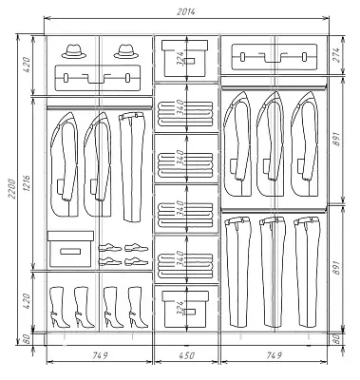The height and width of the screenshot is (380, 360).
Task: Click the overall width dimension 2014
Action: pyautogui.click(x=186, y=12)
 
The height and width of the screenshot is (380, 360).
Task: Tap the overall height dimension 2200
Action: pyautogui.click(x=11, y=189)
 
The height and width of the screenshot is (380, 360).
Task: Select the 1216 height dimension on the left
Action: pyautogui.click(x=27, y=184)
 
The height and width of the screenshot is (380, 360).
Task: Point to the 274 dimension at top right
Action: pyautogui.click(x=336, y=55)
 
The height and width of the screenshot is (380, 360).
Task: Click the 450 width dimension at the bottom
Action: pyautogui.click(x=186, y=355)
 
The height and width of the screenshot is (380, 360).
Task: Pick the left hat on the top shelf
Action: pyautogui.click(x=74, y=51)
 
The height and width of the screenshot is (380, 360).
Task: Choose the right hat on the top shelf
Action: pyautogui.click(x=126, y=51)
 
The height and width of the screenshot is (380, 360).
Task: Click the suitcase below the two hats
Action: pyautogui.click(x=98, y=78)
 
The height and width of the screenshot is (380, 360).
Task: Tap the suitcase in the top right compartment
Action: pyautogui.click(x=275, y=57)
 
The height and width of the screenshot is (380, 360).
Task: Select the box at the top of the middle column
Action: pyautogui.click(x=185, y=58)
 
